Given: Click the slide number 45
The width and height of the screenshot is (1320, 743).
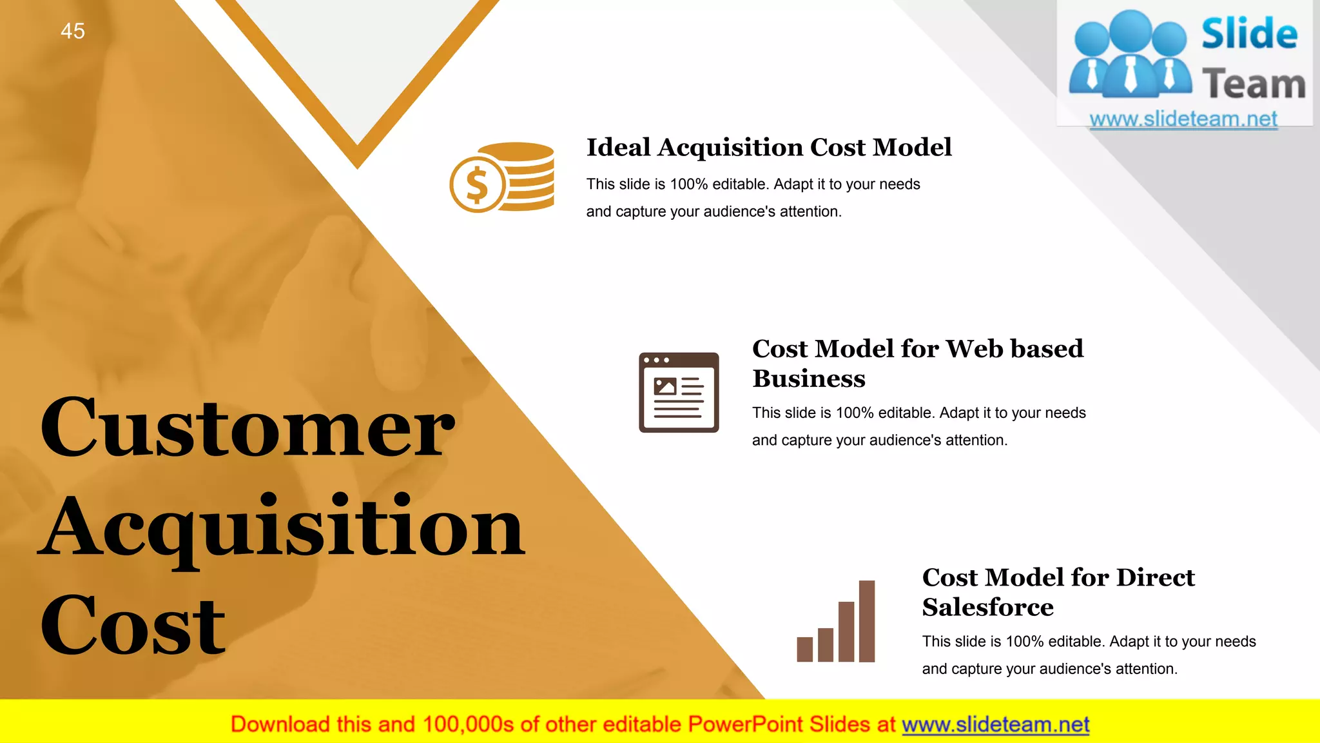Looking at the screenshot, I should pos(73,31).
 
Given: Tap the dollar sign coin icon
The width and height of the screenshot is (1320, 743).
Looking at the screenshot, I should pos(477,186).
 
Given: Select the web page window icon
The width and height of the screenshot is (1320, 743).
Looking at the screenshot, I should pos(679,392).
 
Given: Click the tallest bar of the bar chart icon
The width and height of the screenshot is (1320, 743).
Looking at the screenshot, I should pos(867,621).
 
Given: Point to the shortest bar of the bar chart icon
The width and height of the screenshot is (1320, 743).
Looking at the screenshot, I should pos(804,649).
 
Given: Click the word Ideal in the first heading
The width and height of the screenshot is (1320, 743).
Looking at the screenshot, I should pos(618,148).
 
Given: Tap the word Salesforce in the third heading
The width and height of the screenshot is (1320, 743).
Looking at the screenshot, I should pos(987,608).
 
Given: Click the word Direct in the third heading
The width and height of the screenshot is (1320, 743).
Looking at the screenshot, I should pos(1156,577).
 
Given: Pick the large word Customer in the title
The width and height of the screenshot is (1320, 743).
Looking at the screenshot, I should pos(247,428).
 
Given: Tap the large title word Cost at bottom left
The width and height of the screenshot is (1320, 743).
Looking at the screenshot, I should pos(133,626).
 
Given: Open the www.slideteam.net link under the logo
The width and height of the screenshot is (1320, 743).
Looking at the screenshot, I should pos(1183,119).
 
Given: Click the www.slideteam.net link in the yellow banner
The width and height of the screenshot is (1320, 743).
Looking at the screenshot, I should pos(995,725).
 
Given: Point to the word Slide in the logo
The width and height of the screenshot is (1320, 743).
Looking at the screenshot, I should pos(1249,34).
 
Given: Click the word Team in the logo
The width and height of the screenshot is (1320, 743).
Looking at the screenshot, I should pos(1254,84).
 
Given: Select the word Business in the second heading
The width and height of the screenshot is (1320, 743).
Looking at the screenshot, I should pos(809,379).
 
